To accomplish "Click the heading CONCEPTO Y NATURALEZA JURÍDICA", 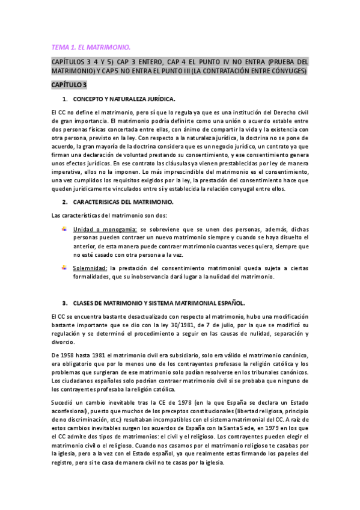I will [124, 98].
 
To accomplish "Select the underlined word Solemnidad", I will [91, 268].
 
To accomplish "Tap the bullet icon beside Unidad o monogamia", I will [65, 229].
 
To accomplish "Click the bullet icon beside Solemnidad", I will [65, 267].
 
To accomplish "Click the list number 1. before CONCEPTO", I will [65, 98].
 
